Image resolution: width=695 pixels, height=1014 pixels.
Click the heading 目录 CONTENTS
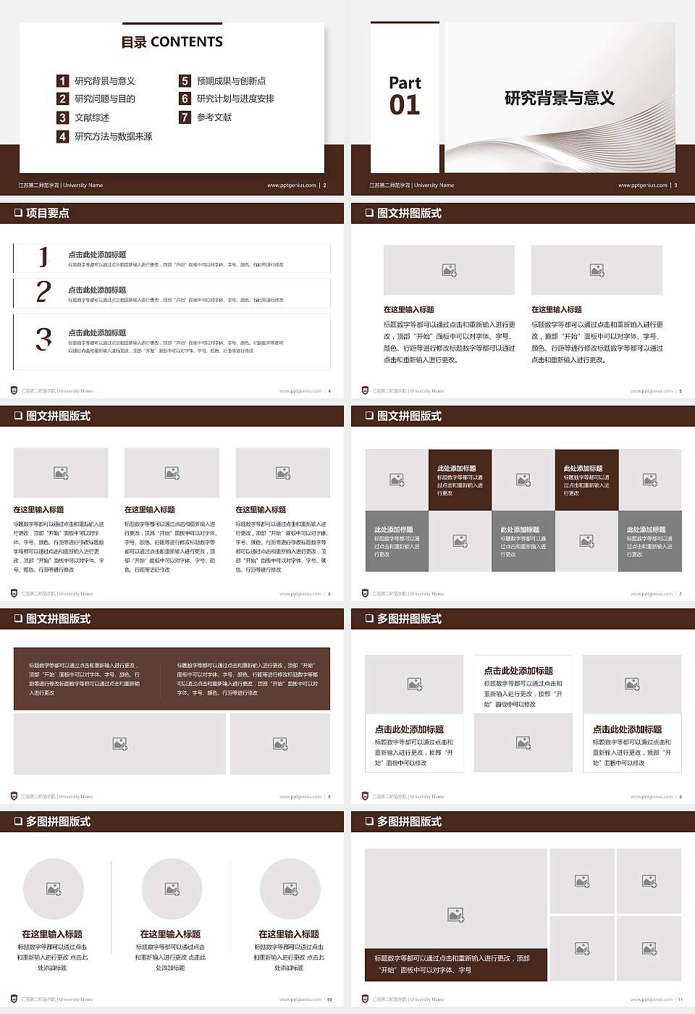[x=172, y=42]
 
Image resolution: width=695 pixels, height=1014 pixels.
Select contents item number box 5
[x=185, y=81]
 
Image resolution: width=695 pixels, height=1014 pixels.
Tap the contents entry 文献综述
[x=92, y=117]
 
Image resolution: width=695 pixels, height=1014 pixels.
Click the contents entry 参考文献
[x=214, y=117]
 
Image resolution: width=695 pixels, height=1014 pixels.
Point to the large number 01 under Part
[x=405, y=106]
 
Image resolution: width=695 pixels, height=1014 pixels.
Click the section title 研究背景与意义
[x=559, y=99]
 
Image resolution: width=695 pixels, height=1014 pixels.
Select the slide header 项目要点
[x=47, y=213]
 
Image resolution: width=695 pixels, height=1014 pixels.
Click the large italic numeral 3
[x=43, y=339]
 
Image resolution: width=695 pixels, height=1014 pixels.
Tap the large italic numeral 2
[x=43, y=292]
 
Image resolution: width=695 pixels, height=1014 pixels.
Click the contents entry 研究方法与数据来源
[x=114, y=136]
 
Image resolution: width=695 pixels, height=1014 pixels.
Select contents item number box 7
[x=185, y=117]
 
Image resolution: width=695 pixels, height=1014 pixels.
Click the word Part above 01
[x=405, y=83]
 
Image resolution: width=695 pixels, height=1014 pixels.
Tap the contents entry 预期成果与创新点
[x=231, y=81]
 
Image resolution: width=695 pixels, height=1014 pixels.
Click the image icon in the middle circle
[x=172, y=889]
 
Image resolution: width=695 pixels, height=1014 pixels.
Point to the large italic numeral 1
[x=43, y=256]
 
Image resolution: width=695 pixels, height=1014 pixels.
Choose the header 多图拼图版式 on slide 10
[x=58, y=821]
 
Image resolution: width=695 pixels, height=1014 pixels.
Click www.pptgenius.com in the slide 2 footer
[x=291, y=185]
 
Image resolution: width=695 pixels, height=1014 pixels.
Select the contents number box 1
[x=63, y=81]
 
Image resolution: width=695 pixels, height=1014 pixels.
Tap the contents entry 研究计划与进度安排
[x=235, y=99]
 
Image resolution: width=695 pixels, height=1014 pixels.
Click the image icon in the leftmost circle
[x=54, y=889]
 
